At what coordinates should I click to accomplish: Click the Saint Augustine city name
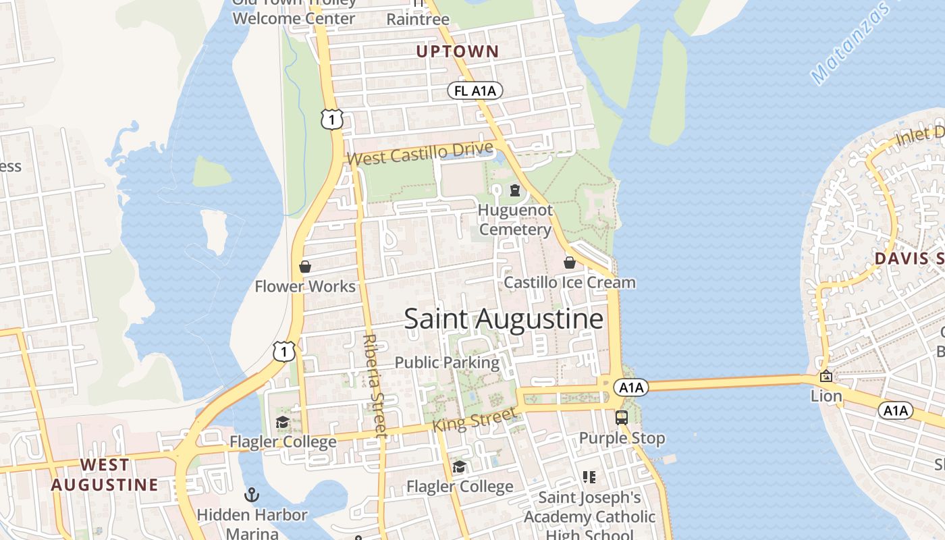(x=504, y=319)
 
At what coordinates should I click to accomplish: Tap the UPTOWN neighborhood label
(x=457, y=51)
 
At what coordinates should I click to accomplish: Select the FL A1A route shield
(x=475, y=91)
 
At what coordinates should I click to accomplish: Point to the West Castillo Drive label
(x=421, y=153)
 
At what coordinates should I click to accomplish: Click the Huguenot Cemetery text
(x=515, y=220)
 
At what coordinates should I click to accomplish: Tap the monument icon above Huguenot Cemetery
(x=515, y=190)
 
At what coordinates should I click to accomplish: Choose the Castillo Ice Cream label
(x=570, y=282)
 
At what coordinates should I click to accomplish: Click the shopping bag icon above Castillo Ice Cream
(x=570, y=263)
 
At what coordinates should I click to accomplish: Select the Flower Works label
(x=305, y=286)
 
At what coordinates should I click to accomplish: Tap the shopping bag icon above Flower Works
(x=305, y=267)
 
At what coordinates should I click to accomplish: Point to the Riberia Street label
(x=373, y=385)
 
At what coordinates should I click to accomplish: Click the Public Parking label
(x=447, y=362)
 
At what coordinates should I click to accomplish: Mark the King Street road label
(x=474, y=420)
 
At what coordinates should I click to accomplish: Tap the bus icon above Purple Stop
(x=622, y=418)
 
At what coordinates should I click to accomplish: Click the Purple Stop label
(x=622, y=438)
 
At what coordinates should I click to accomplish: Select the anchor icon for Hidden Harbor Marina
(x=252, y=495)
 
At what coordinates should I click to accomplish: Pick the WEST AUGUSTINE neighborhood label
(x=105, y=475)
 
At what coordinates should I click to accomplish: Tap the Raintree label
(x=418, y=20)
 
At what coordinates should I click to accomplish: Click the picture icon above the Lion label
(x=826, y=377)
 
